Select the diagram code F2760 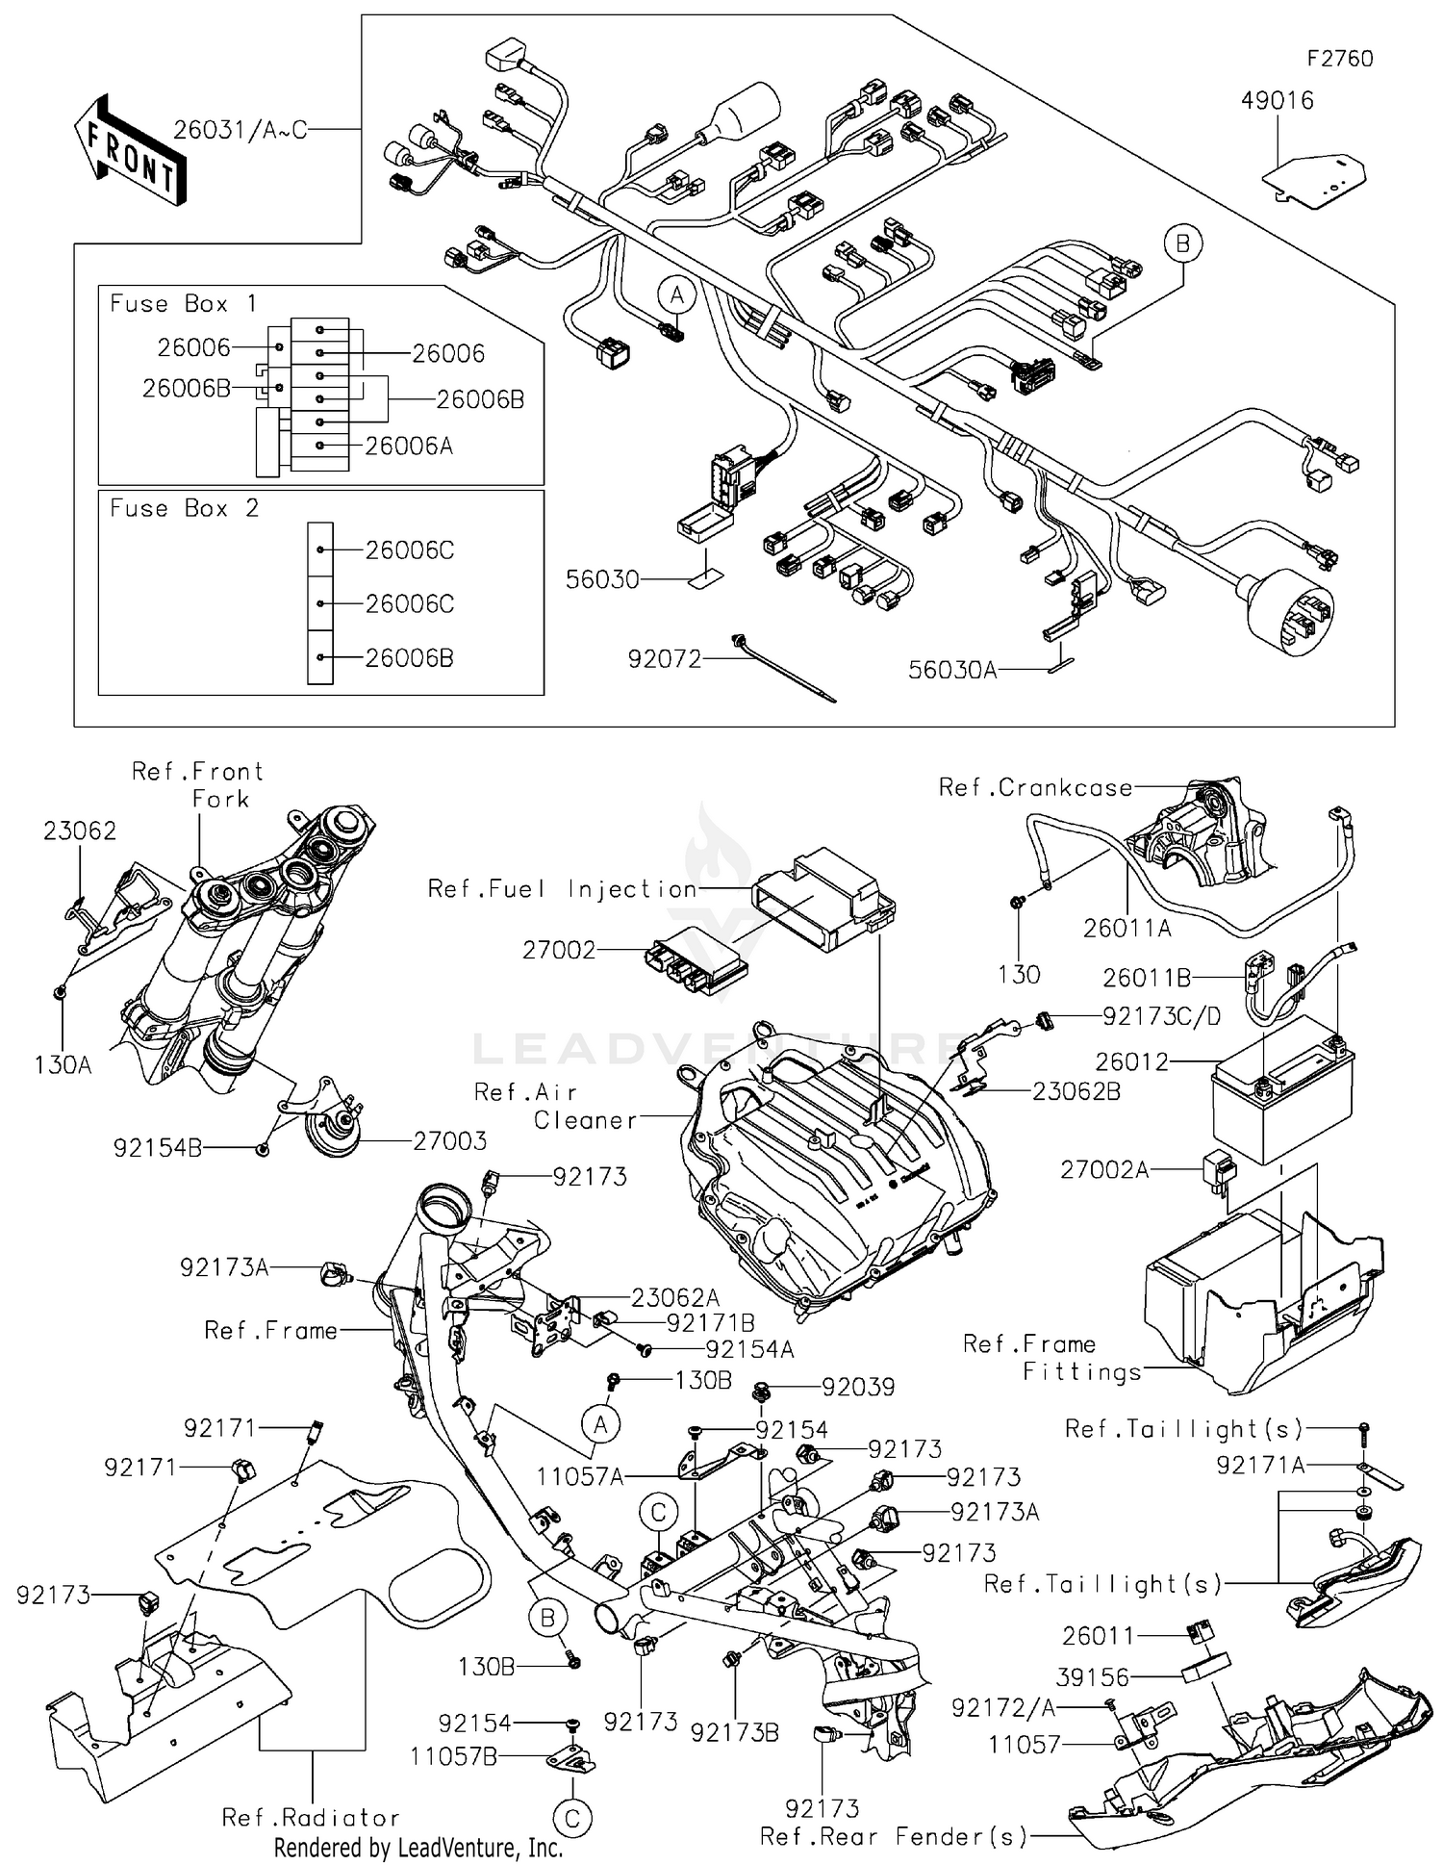[x=1339, y=59]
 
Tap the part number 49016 [x=1277, y=100]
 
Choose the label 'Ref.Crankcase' [x=1035, y=788]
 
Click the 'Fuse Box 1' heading [x=183, y=304]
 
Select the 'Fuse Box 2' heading [x=184, y=508]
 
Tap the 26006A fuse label [x=409, y=446]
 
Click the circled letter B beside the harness [x=1182, y=243]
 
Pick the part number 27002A [x=1103, y=1169]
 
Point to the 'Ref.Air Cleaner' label [x=554, y=1106]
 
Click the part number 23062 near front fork [x=79, y=830]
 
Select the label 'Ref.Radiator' [x=311, y=1817]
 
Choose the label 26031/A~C [x=240, y=130]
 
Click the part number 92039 [x=858, y=1387]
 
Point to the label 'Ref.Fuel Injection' [x=562, y=888]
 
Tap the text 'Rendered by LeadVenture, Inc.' [x=418, y=1847]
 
